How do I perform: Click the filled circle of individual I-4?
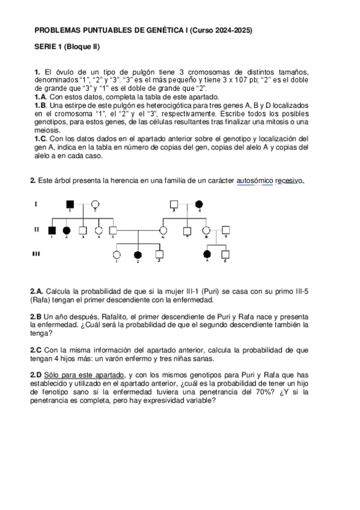[199, 204]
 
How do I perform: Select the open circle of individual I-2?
[94, 204]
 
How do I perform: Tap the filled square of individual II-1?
[52, 230]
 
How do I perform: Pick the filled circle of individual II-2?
[67, 230]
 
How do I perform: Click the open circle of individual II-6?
[163, 230]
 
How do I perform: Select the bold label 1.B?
[40, 104]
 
